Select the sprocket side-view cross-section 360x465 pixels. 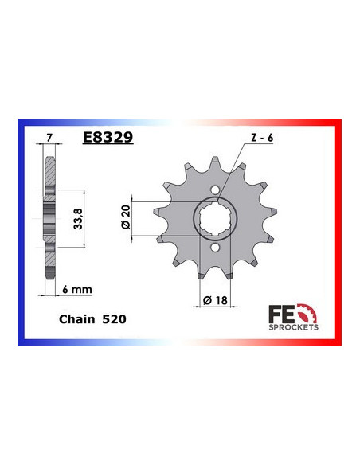click(x=49, y=216)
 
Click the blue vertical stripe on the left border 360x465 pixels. click(x=20, y=231)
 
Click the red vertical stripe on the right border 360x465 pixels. click(x=339, y=231)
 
